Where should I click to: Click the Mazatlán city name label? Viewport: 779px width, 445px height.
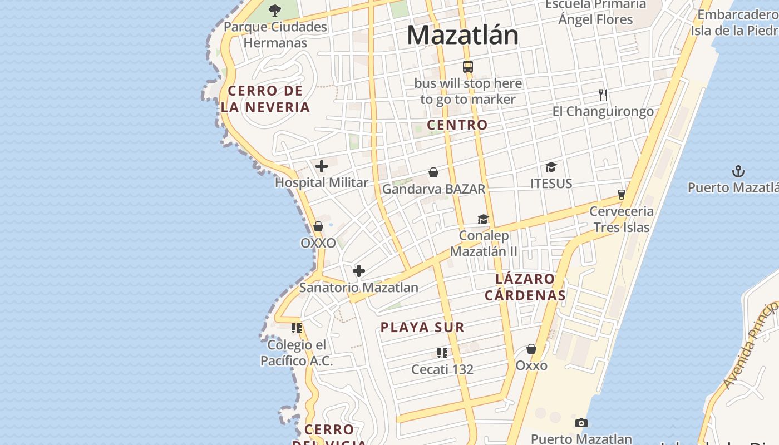pos(462,35)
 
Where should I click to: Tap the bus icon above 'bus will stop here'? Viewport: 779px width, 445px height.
pos(468,67)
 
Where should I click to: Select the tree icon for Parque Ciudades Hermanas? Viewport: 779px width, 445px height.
pos(275,10)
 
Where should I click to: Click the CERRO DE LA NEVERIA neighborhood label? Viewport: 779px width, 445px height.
pos(265,99)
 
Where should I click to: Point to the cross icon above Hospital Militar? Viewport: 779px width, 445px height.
pos(322,166)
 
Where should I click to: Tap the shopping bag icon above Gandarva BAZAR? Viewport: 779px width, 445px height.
pos(433,173)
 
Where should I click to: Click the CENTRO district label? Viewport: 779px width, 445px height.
pos(457,125)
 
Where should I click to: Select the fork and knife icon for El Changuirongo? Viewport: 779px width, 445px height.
pos(603,95)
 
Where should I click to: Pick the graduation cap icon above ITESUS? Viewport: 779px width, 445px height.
pos(551,167)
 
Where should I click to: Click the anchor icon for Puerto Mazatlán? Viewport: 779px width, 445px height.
pos(738,171)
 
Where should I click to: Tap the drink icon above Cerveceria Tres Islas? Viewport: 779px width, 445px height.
pos(622,195)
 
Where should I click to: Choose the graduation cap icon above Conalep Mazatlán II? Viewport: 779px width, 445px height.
pos(483,219)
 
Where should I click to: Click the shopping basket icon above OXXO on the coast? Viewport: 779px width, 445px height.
pos(318,226)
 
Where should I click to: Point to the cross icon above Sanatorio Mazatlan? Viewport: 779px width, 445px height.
pos(359,271)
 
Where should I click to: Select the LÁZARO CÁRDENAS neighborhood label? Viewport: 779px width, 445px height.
pos(525,287)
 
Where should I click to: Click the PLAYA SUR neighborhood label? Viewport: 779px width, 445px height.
pos(422,327)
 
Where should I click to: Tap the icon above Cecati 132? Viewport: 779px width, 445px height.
pos(442,353)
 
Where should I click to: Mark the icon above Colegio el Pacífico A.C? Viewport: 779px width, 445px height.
pos(297,328)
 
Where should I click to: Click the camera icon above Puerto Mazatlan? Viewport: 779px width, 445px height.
pos(581,423)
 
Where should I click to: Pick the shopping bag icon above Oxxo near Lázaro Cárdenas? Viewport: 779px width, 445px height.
pos(531,349)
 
